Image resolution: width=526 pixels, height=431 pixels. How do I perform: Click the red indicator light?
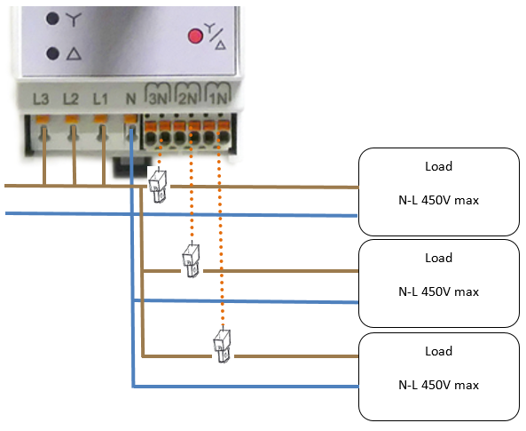195,36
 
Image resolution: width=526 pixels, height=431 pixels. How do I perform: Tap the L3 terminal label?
41,100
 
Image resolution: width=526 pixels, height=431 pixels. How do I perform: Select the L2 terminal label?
71,100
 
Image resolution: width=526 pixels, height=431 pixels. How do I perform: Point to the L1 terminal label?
100,100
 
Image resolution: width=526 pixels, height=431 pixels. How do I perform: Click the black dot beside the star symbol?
52,19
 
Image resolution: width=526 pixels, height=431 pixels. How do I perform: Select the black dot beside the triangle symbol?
52,53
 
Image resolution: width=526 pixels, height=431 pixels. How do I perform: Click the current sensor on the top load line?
157,186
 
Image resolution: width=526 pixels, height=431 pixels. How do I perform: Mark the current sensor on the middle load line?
192,260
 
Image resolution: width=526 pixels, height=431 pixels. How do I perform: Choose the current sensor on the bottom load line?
222,346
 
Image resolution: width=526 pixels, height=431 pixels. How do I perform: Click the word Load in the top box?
438,166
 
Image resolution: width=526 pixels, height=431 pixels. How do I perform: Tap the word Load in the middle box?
438,258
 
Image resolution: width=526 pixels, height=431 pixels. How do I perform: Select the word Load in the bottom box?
438,351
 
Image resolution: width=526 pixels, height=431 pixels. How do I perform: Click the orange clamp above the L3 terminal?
43,119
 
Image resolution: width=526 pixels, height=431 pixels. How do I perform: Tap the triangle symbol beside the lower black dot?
74,54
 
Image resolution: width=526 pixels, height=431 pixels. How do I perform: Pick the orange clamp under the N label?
130,119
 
